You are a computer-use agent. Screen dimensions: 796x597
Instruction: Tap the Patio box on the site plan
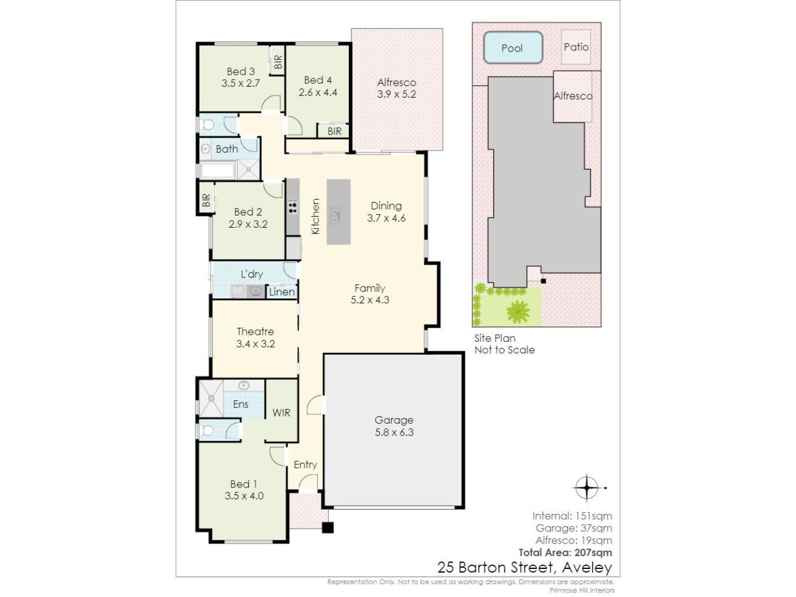click(576, 47)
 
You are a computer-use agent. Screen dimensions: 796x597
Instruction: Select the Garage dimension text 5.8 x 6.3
click(394, 432)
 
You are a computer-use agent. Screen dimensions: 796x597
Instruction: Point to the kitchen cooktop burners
click(293, 206)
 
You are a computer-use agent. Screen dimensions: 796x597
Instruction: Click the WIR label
click(282, 413)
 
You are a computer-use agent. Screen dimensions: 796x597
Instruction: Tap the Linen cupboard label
click(282, 292)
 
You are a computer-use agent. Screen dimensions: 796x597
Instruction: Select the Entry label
click(306, 464)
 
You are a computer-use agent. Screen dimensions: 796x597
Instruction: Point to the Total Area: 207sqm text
click(565, 553)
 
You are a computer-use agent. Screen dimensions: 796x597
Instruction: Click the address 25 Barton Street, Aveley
click(525, 567)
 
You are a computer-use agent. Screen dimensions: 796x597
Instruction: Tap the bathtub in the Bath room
click(218, 170)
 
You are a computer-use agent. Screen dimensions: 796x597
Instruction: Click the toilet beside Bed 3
click(207, 125)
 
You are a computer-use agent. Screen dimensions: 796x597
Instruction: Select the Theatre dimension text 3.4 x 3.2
click(255, 344)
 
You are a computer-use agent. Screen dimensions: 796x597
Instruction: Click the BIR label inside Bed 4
click(334, 131)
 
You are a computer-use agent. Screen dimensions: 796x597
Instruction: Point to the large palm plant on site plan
click(518, 311)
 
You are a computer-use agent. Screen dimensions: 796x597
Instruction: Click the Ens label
click(241, 404)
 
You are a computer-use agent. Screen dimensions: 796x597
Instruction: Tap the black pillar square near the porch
click(328, 527)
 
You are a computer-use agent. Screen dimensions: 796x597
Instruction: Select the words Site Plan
click(495, 338)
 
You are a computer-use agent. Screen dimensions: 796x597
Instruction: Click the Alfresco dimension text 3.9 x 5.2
click(396, 94)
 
